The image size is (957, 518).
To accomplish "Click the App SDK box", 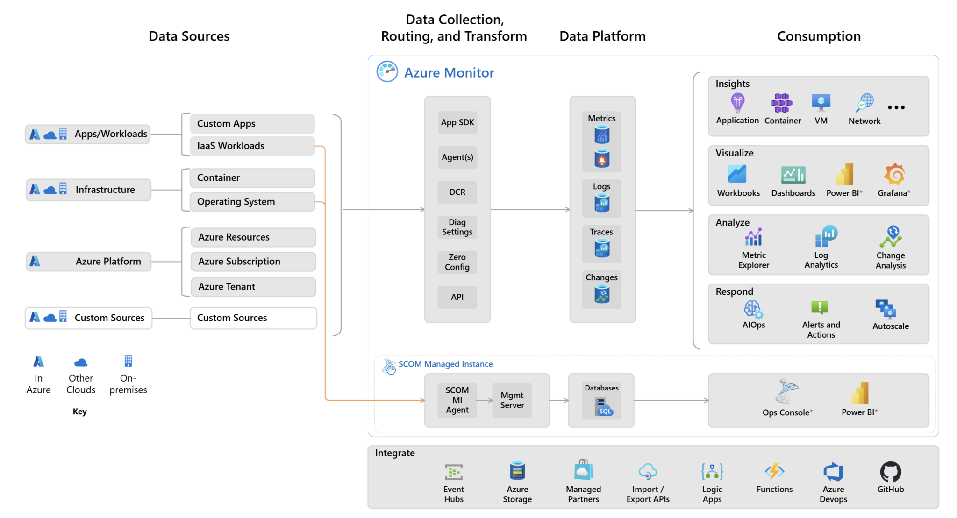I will [457, 122].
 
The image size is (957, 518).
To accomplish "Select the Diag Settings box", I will [457, 227].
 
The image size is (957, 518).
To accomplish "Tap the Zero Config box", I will [457, 262].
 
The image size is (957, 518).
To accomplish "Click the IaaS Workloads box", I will [252, 146].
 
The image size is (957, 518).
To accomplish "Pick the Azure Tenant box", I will [253, 286].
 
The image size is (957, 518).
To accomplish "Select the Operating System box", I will [252, 202].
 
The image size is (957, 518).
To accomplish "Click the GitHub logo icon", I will [890, 472].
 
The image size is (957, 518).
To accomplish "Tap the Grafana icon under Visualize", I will [894, 175].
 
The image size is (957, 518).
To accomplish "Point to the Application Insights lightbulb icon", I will [737, 102].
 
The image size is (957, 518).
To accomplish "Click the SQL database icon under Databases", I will [602, 406].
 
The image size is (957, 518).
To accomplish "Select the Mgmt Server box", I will [512, 400].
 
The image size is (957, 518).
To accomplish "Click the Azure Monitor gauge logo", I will [387, 71].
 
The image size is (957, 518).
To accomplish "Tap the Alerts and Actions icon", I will [820, 307].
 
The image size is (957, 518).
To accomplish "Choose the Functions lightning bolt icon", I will [774, 471].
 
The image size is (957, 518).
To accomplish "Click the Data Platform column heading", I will [602, 36].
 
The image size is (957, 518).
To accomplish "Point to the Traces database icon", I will [602, 248].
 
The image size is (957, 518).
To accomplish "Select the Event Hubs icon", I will [453, 472].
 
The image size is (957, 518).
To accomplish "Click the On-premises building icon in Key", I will [128, 361].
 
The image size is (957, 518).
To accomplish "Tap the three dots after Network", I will [896, 107].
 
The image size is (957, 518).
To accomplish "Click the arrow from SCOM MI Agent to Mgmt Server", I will [485, 400].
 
